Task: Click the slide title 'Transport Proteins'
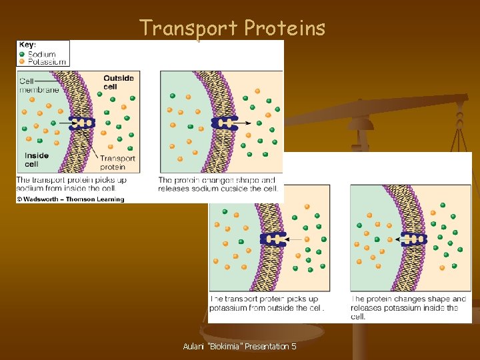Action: [x=232, y=28]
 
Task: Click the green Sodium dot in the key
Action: [x=22, y=54]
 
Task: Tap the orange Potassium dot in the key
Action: [x=22, y=61]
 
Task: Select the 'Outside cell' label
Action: [x=118, y=82]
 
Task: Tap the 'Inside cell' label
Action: [x=37, y=159]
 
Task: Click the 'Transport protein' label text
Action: [x=117, y=162]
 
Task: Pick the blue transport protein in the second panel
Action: [x=225, y=123]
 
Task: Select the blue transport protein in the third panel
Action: [x=274, y=239]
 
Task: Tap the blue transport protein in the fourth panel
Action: [x=413, y=239]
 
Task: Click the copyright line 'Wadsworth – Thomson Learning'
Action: [x=70, y=199]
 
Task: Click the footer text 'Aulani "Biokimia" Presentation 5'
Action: [x=239, y=347]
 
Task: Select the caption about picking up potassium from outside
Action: [x=267, y=303]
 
